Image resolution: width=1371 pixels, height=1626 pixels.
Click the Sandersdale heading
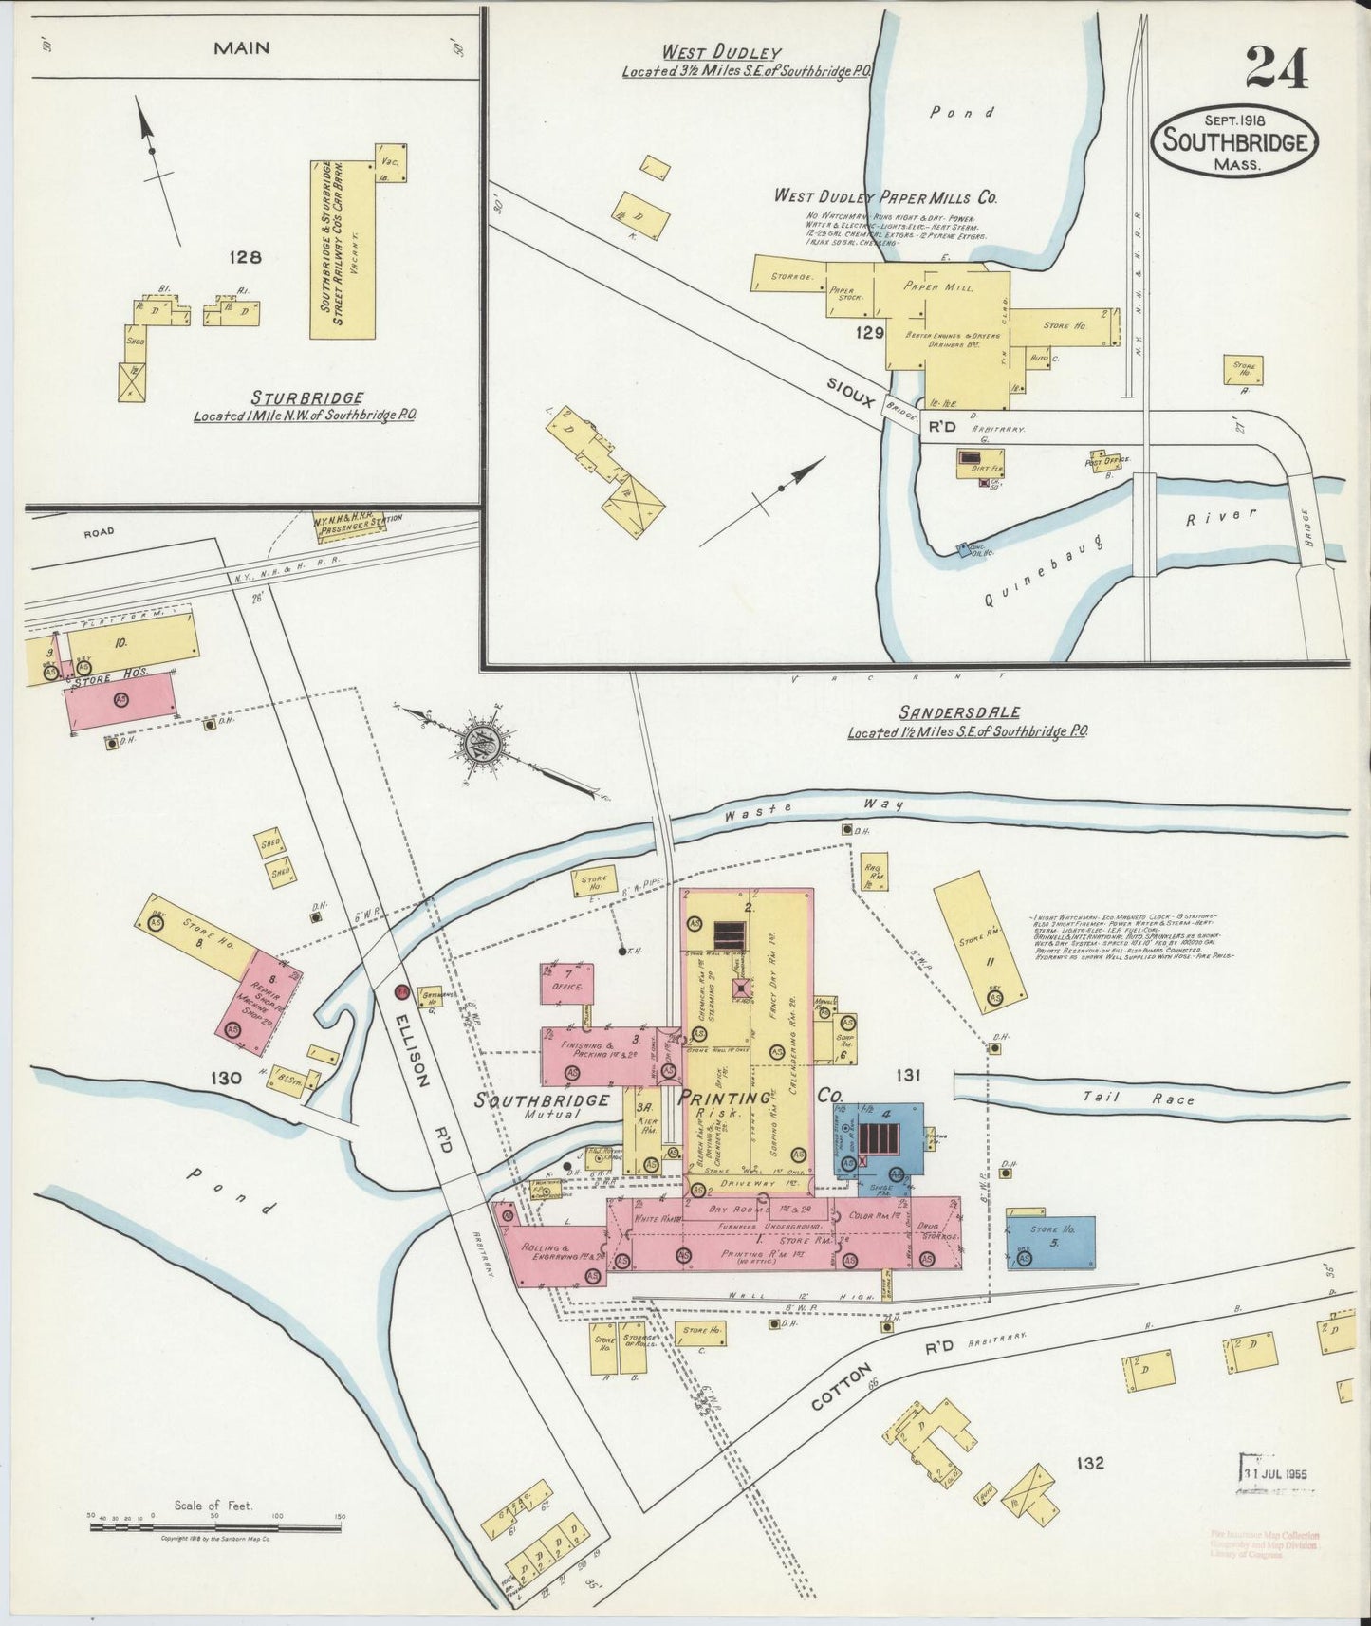pyautogui.click(x=967, y=711)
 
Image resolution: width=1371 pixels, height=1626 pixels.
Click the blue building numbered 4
pyautogui.click(x=881, y=1139)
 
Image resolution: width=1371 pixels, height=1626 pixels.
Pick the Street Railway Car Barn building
pyautogui.click(x=342, y=249)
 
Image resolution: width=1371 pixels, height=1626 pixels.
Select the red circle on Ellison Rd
pyautogui.click(x=402, y=991)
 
